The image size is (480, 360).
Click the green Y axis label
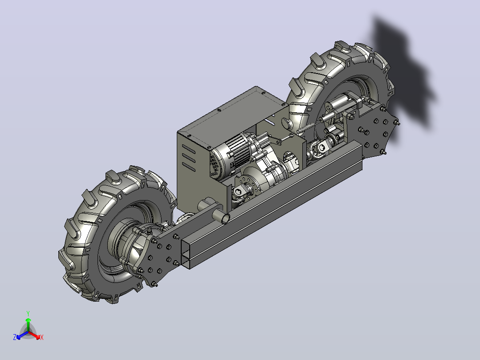tap(28, 313)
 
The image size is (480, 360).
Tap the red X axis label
tap(42, 337)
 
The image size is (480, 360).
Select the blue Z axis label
tap(15, 337)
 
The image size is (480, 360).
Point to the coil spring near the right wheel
tap(306, 128)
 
